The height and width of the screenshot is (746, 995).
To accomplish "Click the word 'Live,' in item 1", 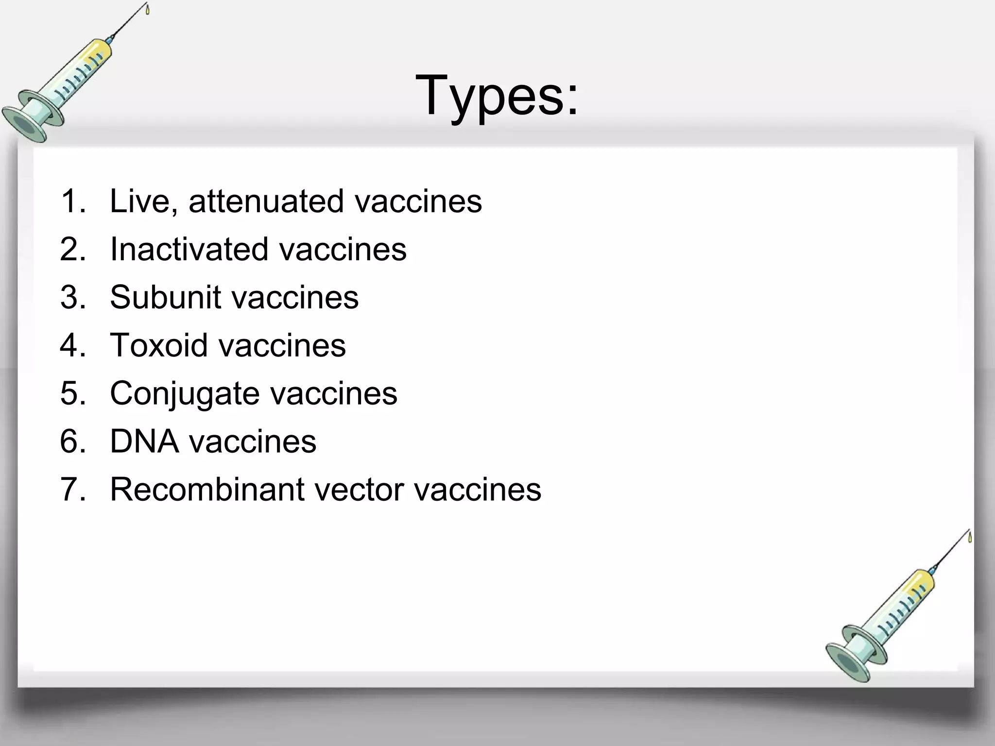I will (143, 201).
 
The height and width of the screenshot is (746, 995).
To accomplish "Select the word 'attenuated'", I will (267, 201).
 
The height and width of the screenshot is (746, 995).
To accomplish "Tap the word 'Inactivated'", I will (189, 249).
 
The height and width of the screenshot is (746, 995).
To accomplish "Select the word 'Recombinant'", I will (206, 489).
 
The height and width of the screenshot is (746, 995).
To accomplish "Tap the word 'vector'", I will (360, 489).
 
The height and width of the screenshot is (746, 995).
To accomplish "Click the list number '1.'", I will (73, 201).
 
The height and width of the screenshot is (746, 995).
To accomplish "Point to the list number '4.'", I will (73, 345).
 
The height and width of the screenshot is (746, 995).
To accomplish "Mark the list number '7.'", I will (73, 489).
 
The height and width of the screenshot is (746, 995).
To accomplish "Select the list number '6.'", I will (73, 441).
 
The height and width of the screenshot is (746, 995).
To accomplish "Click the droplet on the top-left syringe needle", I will (147, 9).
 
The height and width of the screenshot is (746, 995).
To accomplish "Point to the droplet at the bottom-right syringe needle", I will (970, 537).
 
